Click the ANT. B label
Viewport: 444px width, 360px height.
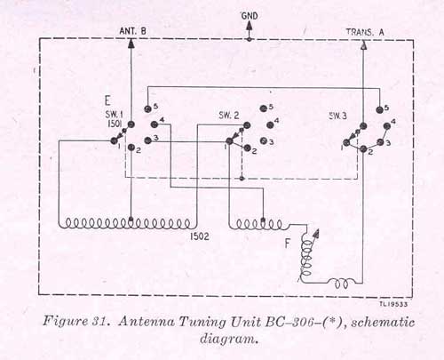(132, 31)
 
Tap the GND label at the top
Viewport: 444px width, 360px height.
(250, 16)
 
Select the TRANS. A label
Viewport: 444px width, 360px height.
(365, 32)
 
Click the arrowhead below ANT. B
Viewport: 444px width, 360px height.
(131, 44)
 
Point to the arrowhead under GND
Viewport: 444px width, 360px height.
(250, 26)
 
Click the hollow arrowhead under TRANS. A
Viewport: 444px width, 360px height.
(364, 44)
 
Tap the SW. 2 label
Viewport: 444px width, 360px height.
(229, 115)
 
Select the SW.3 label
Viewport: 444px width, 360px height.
(337, 116)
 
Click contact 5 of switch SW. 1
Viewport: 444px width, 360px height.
(147, 109)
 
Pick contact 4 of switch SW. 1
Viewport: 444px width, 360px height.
(154, 124)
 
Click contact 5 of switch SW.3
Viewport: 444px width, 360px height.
(379, 110)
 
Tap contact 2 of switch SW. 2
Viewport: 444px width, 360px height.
(247, 148)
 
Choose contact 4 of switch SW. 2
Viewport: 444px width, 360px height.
(270, 125)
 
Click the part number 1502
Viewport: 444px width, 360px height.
(200, 236)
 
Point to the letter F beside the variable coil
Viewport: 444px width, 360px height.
(287, 244)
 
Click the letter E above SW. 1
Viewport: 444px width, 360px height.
(107, 100)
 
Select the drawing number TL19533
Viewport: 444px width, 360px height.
(393, 304)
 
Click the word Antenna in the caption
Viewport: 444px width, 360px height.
(147, 322)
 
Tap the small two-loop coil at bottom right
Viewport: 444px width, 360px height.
(342, 284)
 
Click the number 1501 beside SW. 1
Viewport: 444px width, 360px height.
(115, 124)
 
